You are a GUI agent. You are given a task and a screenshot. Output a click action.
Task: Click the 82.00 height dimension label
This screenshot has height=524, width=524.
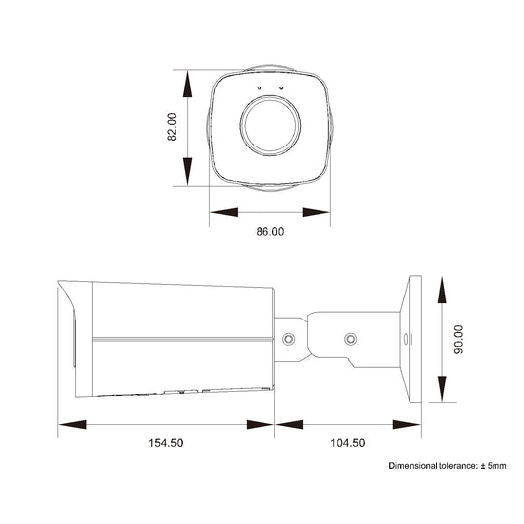(173, 128)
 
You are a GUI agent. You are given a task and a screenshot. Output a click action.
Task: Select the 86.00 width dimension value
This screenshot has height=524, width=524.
(269, 232)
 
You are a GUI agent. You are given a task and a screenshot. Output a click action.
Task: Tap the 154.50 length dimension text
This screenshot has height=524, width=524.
(165, 443)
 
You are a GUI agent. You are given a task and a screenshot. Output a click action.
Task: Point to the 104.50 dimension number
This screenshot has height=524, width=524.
(348, 443)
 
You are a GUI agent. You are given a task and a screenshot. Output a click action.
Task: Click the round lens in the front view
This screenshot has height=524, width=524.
(269, 130)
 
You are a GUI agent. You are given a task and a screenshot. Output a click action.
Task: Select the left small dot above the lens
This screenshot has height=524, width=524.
(259, 89)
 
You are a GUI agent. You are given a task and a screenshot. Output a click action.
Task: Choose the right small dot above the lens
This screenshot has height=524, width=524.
(281, 89)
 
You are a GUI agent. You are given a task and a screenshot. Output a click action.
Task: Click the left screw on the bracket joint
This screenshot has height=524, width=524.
(289, 339)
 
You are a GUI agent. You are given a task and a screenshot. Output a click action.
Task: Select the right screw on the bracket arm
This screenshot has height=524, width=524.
(350, 340)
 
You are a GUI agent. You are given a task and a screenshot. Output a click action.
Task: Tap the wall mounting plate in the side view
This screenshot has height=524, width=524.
(413, 339)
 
